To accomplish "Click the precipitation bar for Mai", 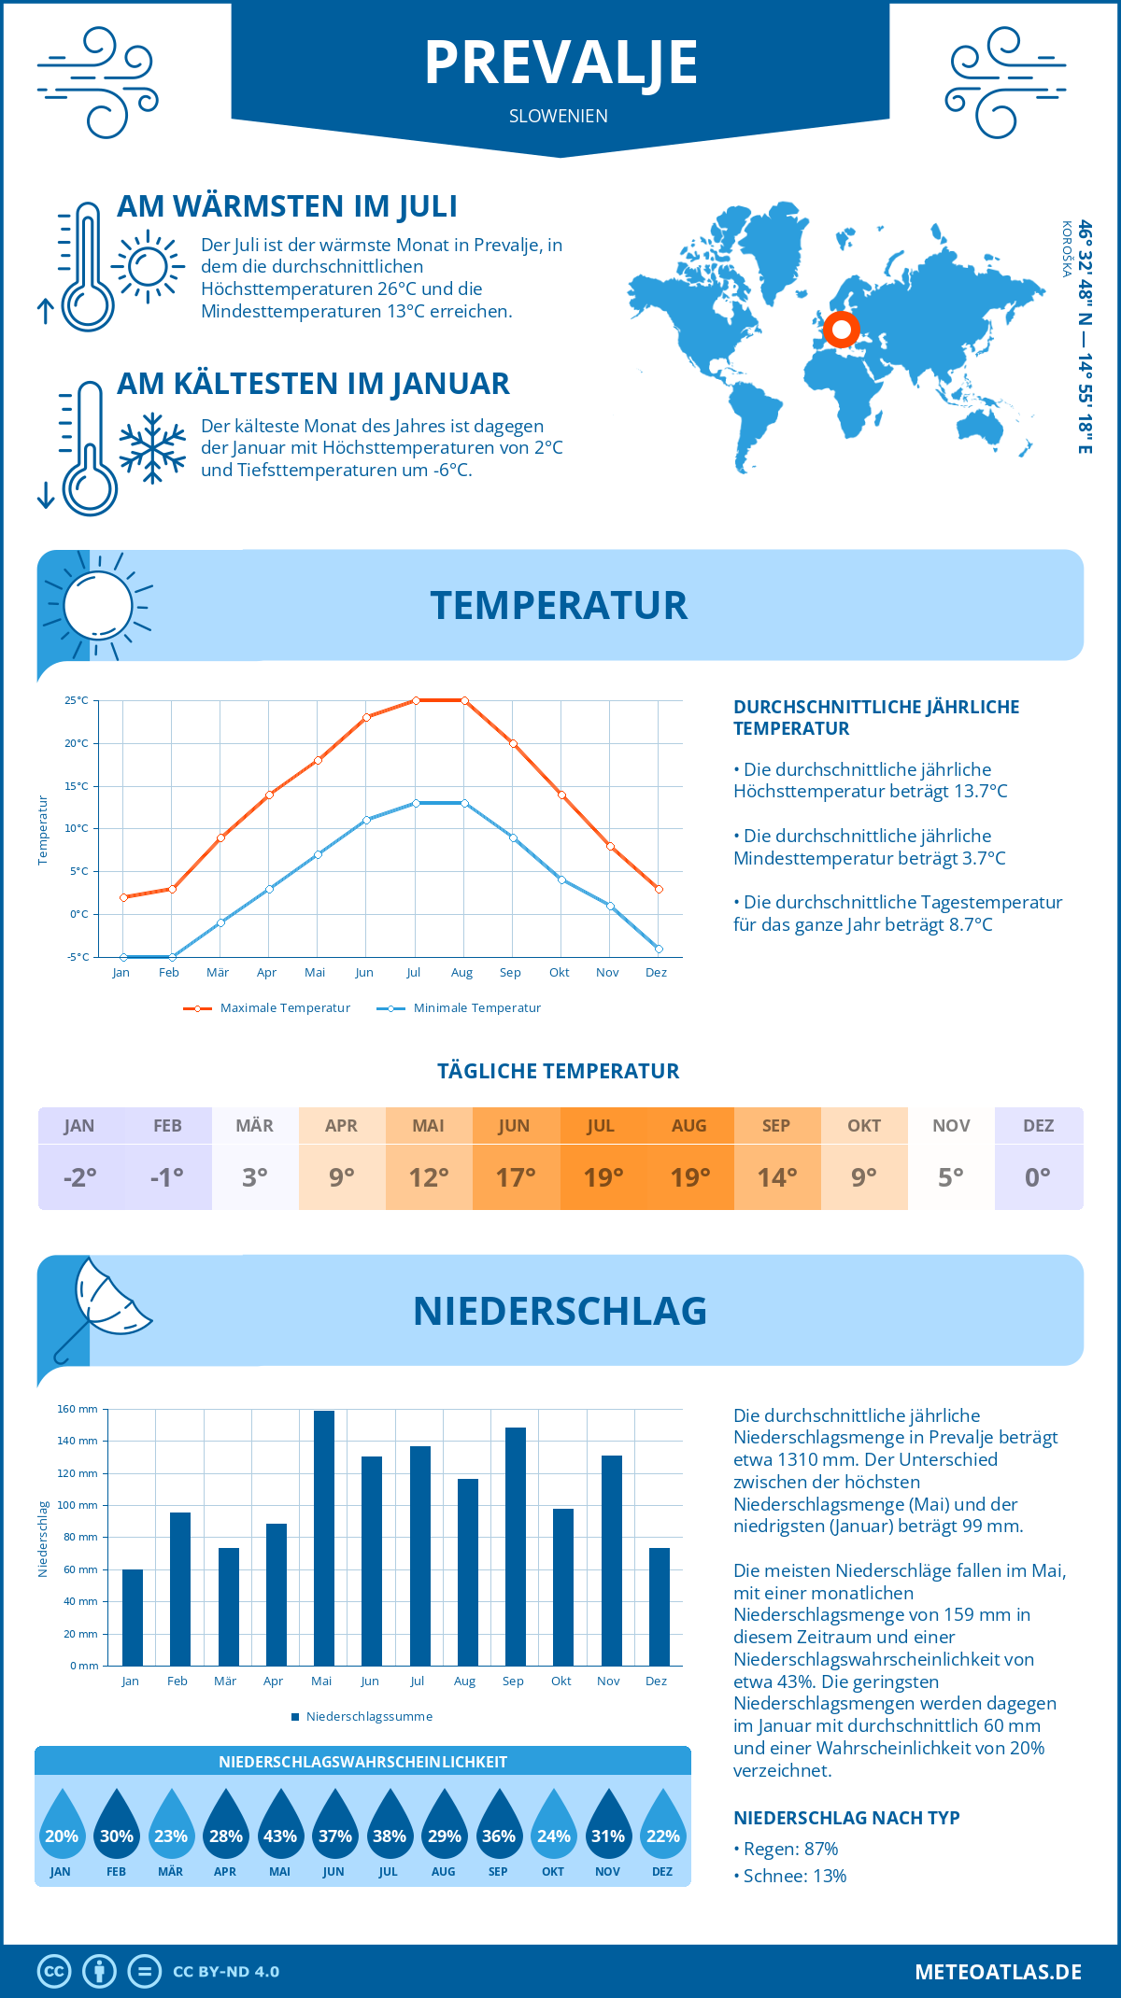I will (x=324, y=1538).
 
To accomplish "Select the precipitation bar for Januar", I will (x=133, y=1617).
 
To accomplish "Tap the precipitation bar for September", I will (x=516, y=1546).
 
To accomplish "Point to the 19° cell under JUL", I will (x=603, y=1177).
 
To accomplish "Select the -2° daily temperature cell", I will (x=80, y=1177).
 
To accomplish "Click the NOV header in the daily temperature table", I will (x=951, y=1126).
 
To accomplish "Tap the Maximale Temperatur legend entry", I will (x=267, y=1008).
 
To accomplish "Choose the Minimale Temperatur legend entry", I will (x=460, y=1008).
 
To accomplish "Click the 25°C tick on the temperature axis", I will (x=77, y=700).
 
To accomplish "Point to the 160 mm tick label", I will (x=78, y=1409).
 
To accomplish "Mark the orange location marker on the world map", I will (x=842, y=329).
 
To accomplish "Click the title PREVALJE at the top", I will (x=560, y=63).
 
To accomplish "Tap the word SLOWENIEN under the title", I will (x=559, y=116).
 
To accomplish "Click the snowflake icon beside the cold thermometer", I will (x=152, y=448).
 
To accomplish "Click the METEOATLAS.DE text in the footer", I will (x=998, y=1972).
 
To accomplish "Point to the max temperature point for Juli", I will (x=416, y=700).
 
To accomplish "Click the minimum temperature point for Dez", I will (x=659, y=949).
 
